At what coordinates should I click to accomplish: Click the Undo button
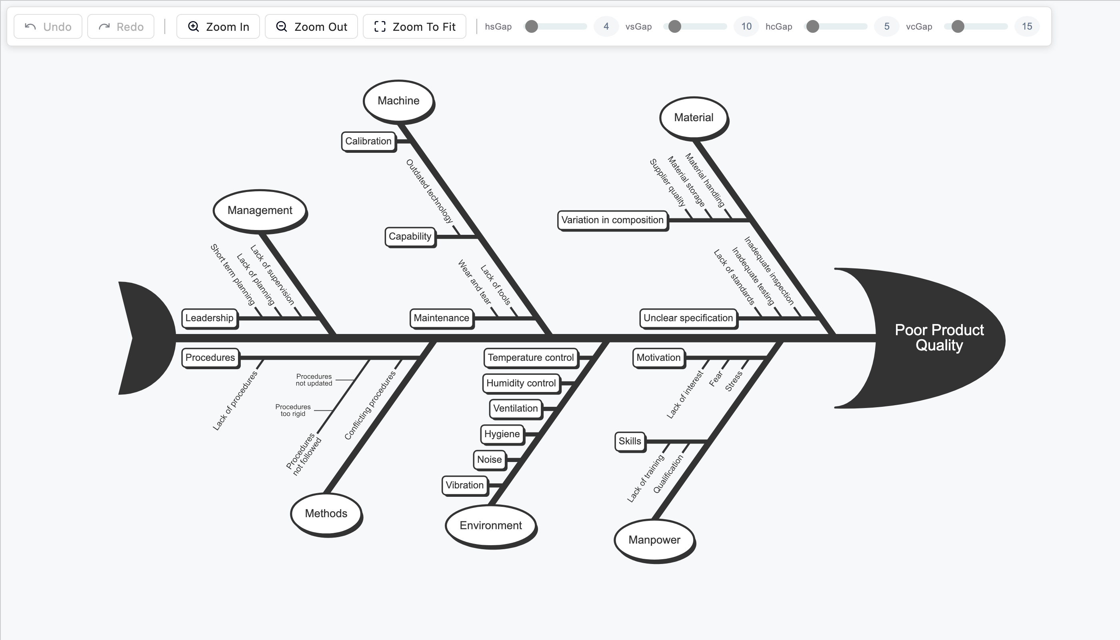click(x=48, y=26)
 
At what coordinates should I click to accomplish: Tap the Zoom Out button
click(x=311, y=26)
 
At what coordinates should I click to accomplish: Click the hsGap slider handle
click(x=532, y=26)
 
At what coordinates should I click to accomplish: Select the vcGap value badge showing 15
click(x=1027, y=26)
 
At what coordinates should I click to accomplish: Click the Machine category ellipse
click(x=399, y=101)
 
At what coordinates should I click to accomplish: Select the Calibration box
click(x=368, y=142)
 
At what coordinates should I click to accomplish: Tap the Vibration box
click(x=465, y=485)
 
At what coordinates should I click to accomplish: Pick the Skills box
click(x=630, y=441)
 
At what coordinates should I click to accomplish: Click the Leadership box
click(x=210, y=318)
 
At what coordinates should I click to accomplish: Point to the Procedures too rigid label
click(x=293, y=410)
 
